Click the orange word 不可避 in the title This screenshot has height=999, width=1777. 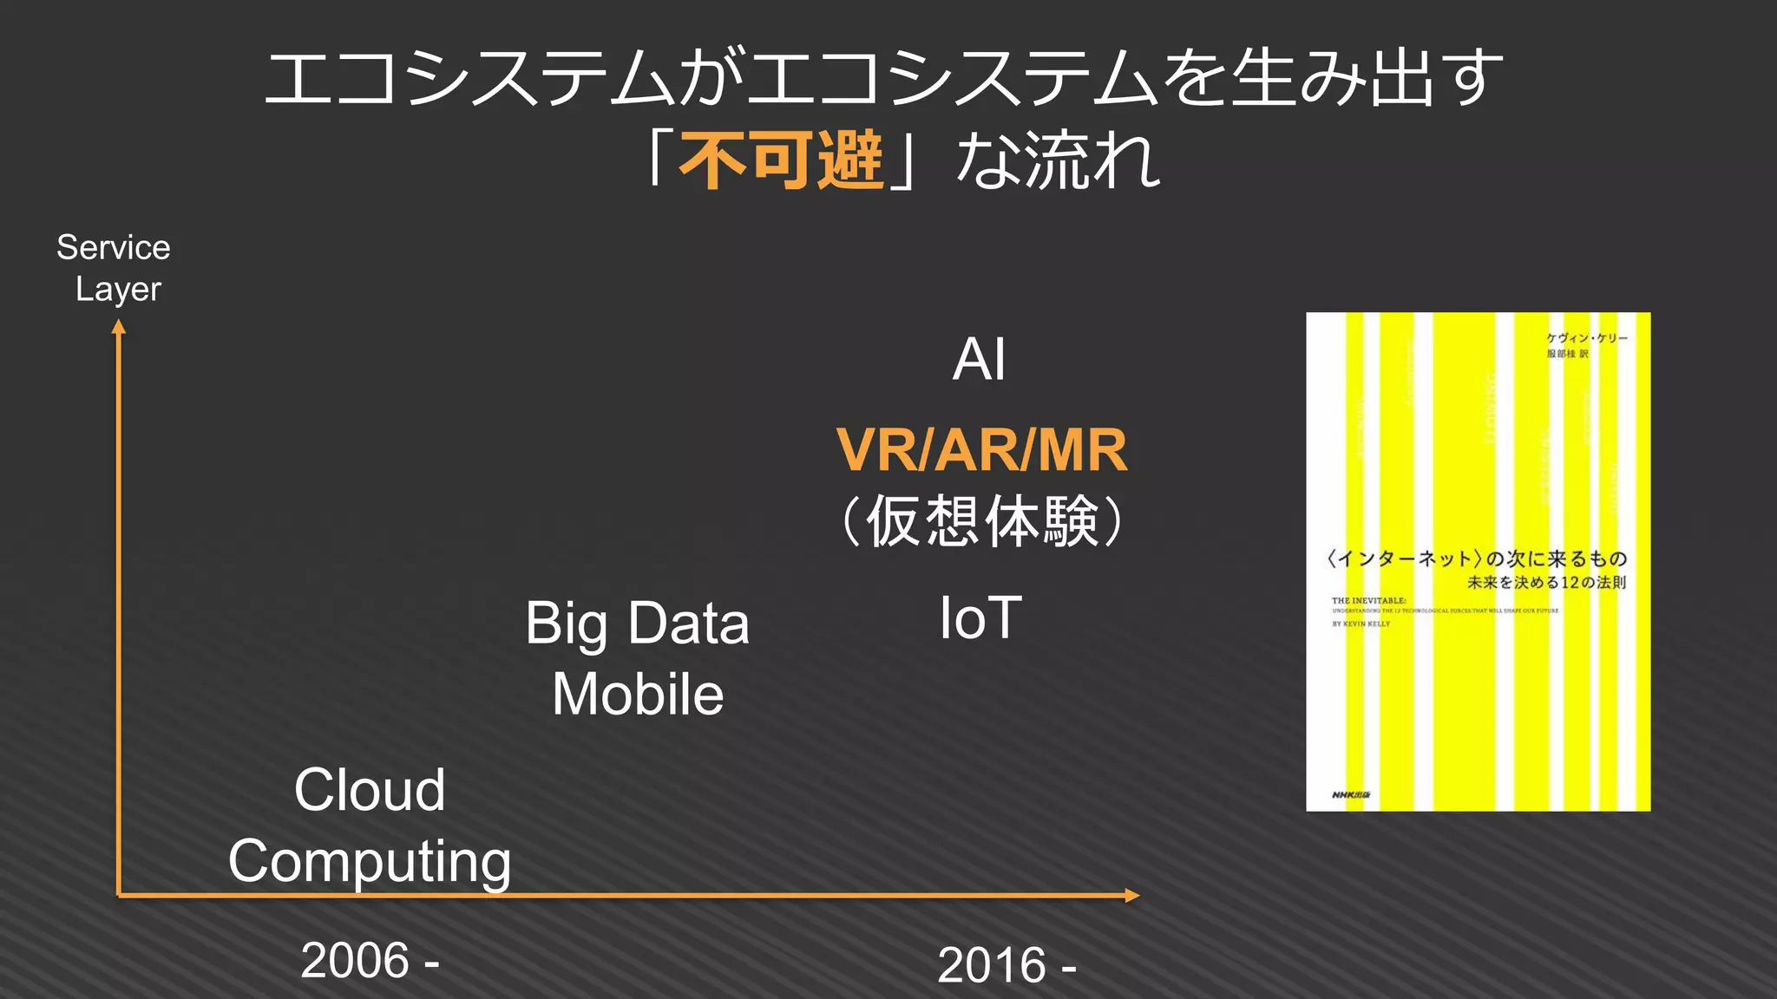pos(780,161)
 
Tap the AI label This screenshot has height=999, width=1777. pos(979,359)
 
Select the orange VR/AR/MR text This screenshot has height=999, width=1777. pos(981,450)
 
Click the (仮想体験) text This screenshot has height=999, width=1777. pos(982,521)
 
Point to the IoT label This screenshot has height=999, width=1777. pos(980,618)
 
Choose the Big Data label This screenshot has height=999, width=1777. pos(637,624)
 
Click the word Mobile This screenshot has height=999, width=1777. pos(638,695)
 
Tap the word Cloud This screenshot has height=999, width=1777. pos(370,790)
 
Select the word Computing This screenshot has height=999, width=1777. pos(370,861)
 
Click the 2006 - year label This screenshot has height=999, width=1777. pos(370,961)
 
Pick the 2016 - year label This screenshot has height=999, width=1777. pos(1007,965)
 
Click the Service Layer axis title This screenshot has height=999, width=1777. pos(115,268)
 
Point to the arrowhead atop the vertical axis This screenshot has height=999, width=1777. pos(119,327)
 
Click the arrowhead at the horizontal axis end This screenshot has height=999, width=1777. pos(1131,895)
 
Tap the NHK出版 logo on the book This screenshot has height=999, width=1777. pos(1350,794)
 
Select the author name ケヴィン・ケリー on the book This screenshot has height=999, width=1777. pos(1587,338)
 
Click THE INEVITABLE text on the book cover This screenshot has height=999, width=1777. pos(1368,600)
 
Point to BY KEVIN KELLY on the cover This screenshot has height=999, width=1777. pos(1361,624)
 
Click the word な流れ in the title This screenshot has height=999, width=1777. pos(1059,161)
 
